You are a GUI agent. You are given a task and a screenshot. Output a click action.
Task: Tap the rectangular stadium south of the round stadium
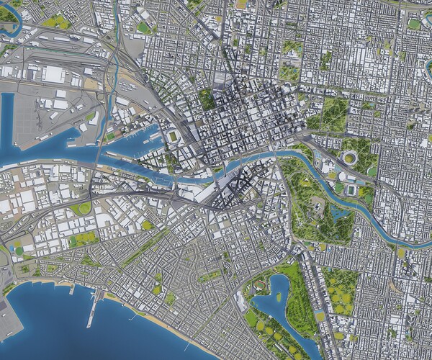(x=351, y=189)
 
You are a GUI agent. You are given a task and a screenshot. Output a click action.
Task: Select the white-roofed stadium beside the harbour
(x=173, y=137)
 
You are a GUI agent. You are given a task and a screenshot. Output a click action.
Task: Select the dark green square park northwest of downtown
(x=207, y=99)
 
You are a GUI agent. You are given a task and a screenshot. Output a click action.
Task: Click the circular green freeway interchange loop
(x=81, y=209)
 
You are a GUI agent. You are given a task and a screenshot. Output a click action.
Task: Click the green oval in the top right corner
(x=413, y=24)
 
